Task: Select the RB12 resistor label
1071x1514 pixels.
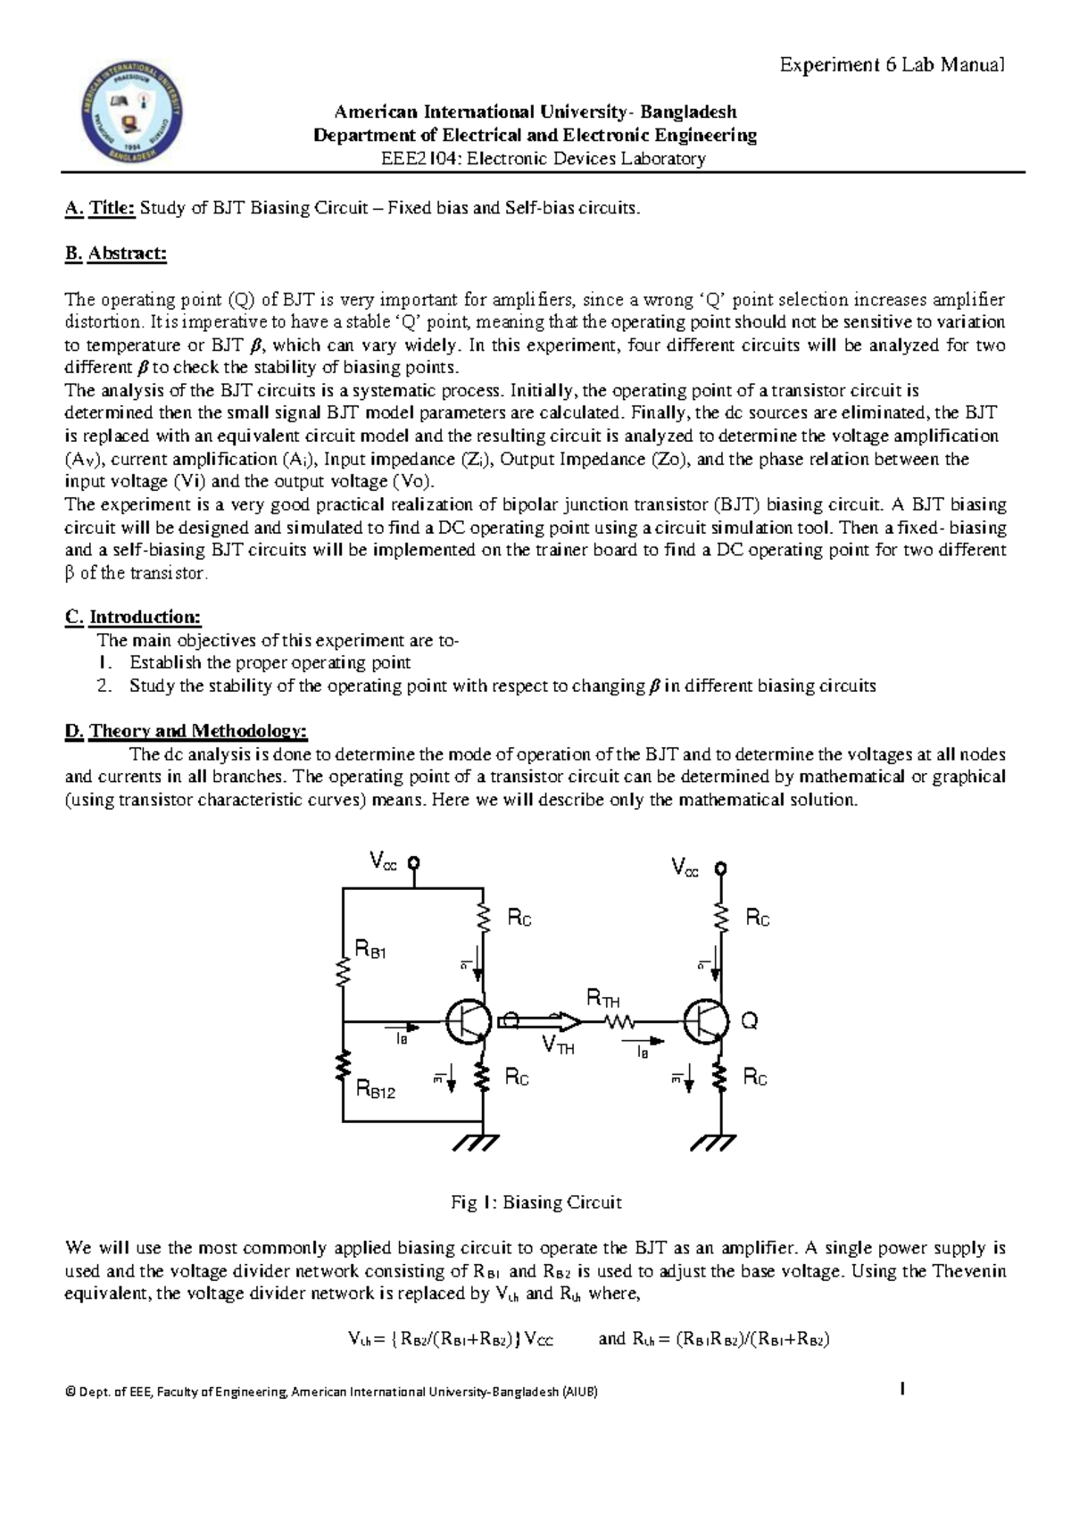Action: pos(376,1089)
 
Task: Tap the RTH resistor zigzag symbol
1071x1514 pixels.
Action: pos(619,1021)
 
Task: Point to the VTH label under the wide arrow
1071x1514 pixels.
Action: pos(558,1046)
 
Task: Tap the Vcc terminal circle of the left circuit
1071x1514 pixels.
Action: pos(414,863)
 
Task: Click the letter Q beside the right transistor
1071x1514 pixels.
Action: pos(750,1021)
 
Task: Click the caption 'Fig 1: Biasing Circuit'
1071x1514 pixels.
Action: pos(535,1202)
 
